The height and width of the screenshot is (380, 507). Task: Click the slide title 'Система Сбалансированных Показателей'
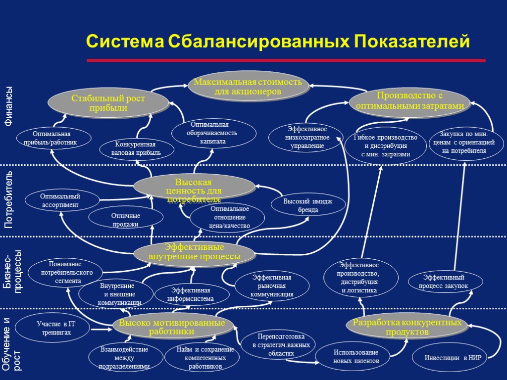(278, 42)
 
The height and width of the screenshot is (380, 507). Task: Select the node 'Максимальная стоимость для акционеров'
(248, 87)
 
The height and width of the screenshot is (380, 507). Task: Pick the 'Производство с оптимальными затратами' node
(409, 101)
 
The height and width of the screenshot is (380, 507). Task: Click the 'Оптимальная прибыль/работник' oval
(54, 138)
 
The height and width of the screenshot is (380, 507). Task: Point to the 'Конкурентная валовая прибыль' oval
(137, 148)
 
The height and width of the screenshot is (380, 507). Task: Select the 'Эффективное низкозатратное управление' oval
(305, 138)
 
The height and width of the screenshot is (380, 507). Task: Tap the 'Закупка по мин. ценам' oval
(464, 142)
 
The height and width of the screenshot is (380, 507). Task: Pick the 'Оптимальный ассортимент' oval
(60, 200)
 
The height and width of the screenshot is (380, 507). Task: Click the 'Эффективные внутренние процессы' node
(194, 252)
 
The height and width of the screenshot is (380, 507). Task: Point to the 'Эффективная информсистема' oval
(192, 294)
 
